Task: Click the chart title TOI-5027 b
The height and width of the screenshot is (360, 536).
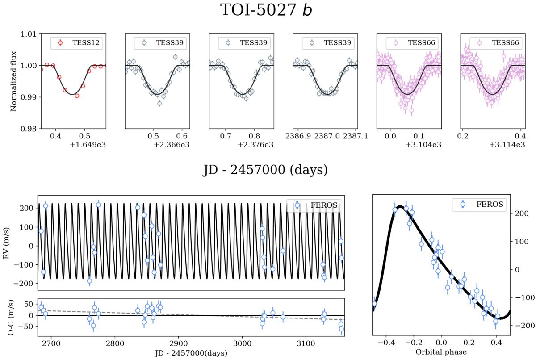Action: click(x=267, y=10)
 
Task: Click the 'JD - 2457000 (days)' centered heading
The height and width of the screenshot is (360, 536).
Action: click(x=267, y=171)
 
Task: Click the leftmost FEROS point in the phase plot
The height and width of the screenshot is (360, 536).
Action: click(x=374, y=304)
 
